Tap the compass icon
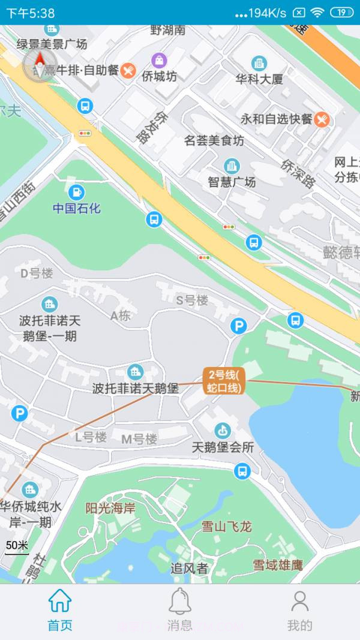40,64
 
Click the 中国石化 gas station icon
76,193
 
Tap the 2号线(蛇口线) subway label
223,381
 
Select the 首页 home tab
60,609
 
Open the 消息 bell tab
179,609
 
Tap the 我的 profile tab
299,609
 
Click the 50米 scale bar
17,546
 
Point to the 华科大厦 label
259,79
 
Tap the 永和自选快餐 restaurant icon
322,119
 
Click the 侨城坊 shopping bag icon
159,60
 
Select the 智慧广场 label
232,182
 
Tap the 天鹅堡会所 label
223,447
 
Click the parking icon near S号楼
239,326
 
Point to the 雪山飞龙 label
226,527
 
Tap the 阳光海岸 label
110,509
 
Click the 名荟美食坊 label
214,141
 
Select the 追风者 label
189,568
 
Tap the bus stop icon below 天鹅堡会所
242,470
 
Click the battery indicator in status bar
341,13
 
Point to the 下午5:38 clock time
30,13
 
